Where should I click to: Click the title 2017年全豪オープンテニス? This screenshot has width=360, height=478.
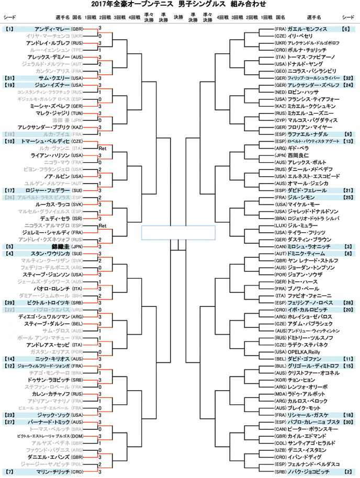(x=141, y=6)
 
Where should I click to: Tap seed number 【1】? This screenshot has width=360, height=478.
(x=10, y=28)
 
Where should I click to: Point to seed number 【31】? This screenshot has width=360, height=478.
(x=10, y=77)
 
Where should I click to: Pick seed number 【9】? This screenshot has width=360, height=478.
(x=348, y=133)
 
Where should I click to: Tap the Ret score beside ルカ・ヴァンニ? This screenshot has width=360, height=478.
(x=103, y=149)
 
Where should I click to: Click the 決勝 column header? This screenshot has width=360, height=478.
(x=178, y=17)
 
